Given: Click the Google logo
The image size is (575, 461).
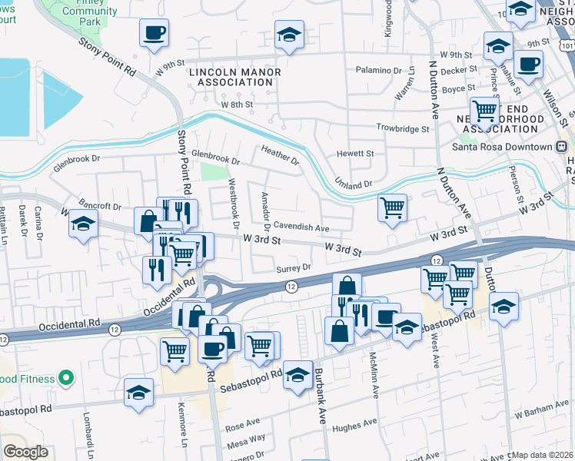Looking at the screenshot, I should (25, 452).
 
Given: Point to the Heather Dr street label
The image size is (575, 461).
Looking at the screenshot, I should (280, 154).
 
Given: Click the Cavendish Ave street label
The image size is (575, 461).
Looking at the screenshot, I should (302, 228).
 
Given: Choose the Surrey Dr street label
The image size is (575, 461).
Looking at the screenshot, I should (293, 267).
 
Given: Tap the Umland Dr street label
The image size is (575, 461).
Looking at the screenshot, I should (353, 184).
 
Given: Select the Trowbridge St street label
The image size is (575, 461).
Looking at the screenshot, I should (402, 128).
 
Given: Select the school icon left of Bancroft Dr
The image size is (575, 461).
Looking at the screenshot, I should (83, 225).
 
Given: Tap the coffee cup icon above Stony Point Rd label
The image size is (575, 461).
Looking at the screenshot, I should (154, 33).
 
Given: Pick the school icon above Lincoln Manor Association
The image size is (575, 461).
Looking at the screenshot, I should (290, 35).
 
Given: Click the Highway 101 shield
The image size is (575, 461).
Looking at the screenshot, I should (567, 48).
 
